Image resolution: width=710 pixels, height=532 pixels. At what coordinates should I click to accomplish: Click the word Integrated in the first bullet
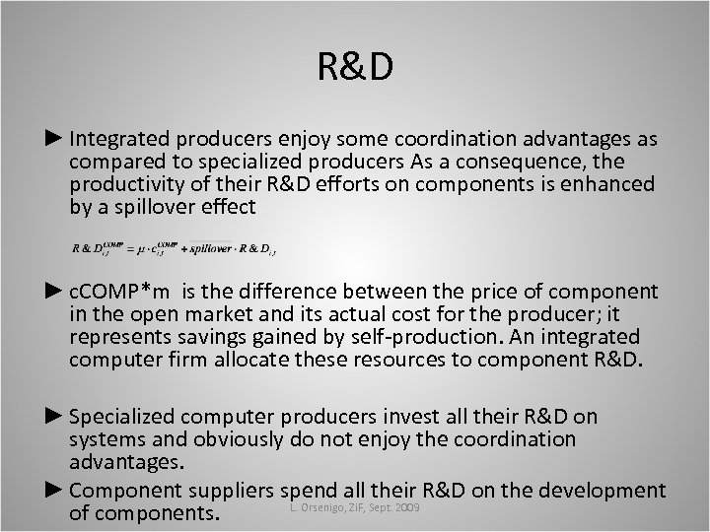[x=118, y=140]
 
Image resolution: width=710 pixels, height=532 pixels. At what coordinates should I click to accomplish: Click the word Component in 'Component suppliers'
[x=119, y=489]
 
